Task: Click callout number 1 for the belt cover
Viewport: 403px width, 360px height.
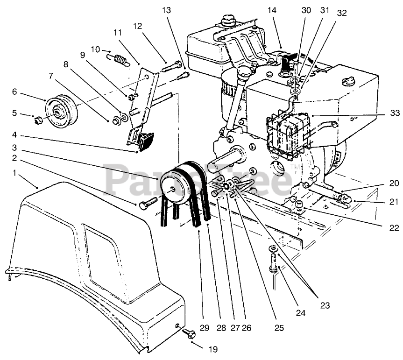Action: [14, 173]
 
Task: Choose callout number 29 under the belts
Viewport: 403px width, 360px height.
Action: [204, 328]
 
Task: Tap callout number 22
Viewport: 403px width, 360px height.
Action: [395, 228]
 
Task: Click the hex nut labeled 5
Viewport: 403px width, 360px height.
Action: [38, 120]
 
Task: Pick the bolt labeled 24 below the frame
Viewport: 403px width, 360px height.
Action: [273, 267]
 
